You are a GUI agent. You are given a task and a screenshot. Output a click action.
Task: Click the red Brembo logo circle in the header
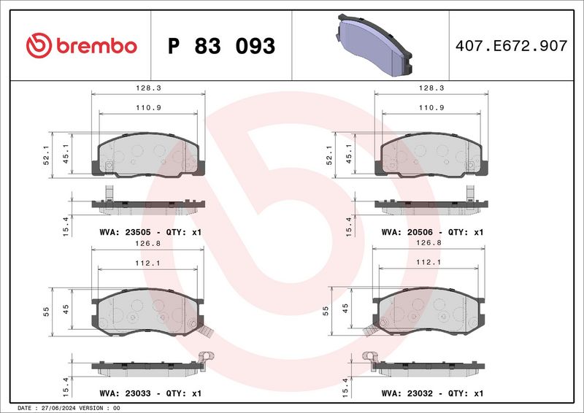coord(39,45)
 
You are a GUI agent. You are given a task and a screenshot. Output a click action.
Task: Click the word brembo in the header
coord(97,46)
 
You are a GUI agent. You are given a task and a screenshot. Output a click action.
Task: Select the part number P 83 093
coord(221,46)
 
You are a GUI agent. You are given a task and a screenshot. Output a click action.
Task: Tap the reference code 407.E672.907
coord(512,45)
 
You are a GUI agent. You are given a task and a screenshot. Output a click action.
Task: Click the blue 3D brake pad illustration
coord(374,45)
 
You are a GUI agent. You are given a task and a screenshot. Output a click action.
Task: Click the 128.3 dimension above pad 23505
coord(148,88)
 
